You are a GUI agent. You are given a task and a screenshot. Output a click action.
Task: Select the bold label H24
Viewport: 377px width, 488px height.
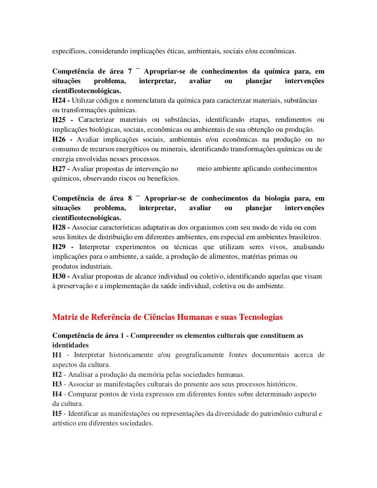point(59,100)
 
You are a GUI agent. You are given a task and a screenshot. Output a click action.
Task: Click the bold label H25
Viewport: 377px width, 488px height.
point(59,120)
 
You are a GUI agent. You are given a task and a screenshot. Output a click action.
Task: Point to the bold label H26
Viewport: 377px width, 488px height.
point(59,139)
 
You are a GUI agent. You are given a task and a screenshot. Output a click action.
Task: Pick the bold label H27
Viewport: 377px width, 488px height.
point(59,169)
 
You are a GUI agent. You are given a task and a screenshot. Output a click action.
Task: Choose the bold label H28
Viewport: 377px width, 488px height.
point(59,227)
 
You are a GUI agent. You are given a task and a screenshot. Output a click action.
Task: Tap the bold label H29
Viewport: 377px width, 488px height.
point(59,247)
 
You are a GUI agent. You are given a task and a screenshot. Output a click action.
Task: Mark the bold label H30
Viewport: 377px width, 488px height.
point(59,276)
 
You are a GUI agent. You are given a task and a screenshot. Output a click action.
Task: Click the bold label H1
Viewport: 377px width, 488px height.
point(57,355)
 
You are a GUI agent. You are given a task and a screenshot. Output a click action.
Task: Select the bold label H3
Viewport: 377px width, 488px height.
point(57,384)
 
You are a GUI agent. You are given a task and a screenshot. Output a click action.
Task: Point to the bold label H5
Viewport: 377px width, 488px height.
point(57,414)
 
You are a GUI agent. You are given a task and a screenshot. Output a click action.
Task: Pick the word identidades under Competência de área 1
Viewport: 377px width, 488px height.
point(70,345)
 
